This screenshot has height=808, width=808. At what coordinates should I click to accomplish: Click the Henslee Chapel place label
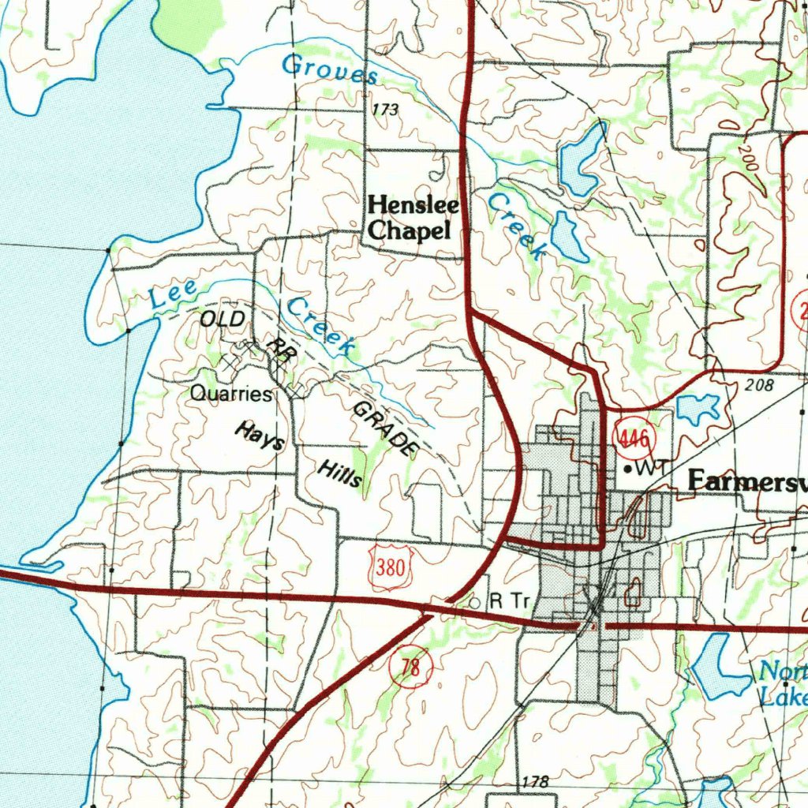[x=413, y=218]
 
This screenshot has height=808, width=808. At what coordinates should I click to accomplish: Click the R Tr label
[x=508, y=600]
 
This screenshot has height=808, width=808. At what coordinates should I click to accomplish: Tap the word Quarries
[x=230, y=394]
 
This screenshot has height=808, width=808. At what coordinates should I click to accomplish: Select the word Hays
[x=259, y=436]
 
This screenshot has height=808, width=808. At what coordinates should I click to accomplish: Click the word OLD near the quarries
[x=223, y=320]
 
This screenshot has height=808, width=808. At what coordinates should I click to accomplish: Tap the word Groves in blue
[x=329, y=69]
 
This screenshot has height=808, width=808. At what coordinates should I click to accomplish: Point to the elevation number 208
[x=758, y=386]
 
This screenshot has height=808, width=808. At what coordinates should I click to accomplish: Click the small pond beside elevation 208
[x=698, y=408]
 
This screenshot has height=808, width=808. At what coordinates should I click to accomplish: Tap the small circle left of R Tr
[x=474, y=602]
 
